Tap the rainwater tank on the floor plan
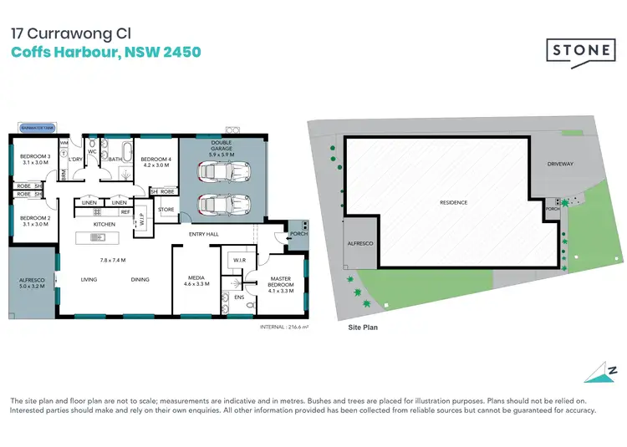click(35, 129)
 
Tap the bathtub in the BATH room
click(116, 150)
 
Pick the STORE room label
click(166, 210)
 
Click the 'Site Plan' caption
click(363, 328)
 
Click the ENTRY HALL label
click(204, 234)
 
